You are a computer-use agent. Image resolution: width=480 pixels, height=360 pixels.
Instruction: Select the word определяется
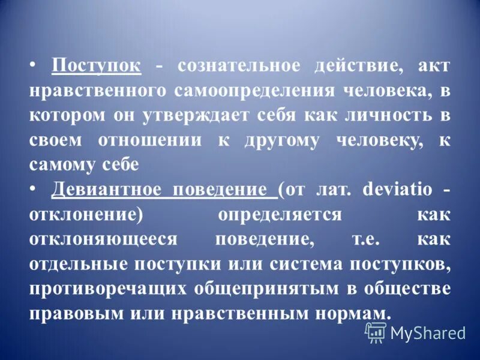[x=280, y=214]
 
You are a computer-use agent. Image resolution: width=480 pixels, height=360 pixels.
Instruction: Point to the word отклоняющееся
[x=104, y=238]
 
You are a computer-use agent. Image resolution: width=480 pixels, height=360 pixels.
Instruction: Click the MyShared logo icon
[x=376, y=332]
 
